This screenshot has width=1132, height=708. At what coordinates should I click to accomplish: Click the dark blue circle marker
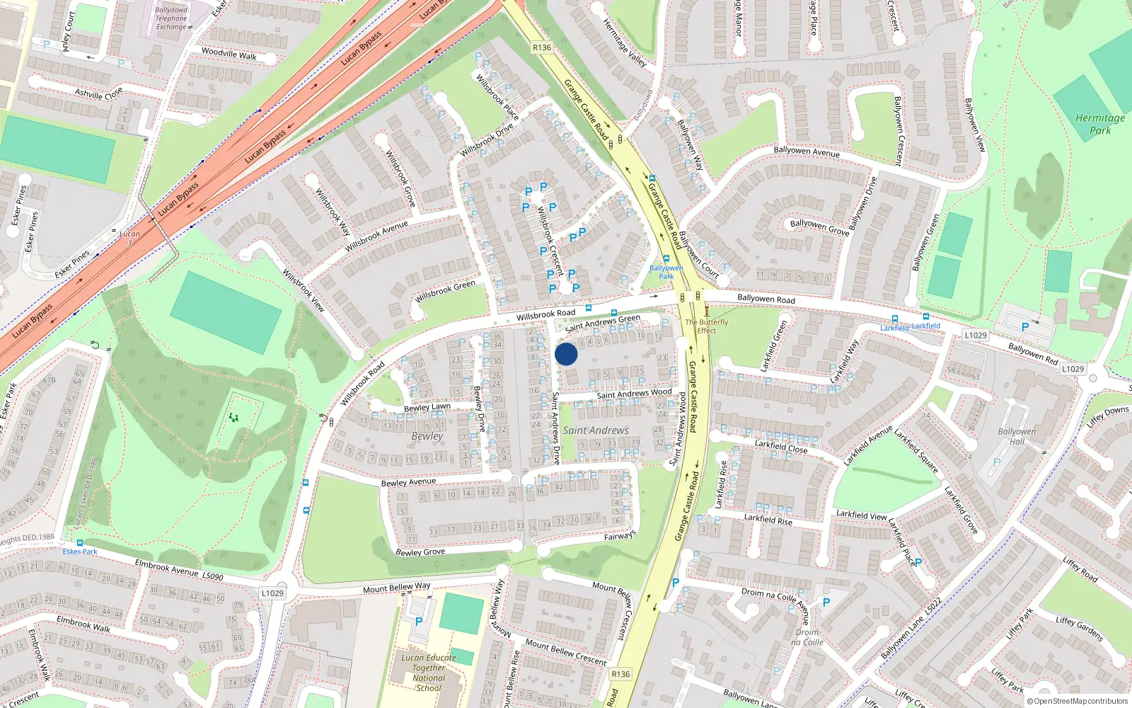[566, 354]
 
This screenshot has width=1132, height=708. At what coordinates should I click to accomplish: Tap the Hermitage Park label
[1100, 124]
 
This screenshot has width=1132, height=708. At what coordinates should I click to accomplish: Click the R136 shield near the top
[541, 47]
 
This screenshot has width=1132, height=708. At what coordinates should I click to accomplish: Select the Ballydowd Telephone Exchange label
[171, 18]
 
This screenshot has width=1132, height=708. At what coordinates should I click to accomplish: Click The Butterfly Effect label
[706, 326]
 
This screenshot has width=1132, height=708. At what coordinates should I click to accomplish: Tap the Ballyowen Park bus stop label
[666, 272]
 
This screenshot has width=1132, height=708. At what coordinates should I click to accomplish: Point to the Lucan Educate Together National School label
[429, 673]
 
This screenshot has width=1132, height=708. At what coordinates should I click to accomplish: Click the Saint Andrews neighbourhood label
[596, 430]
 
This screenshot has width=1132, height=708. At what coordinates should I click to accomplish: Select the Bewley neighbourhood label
[427, 436]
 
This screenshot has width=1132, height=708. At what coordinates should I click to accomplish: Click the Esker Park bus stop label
[80, 552]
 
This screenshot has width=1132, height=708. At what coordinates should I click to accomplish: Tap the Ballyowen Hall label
[1017, 436]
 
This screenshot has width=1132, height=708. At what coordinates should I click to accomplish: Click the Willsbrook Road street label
[545, 314]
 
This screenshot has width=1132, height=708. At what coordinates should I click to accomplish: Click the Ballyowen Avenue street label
[807, 152]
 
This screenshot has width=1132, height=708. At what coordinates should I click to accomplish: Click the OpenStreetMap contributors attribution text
[1077, 701]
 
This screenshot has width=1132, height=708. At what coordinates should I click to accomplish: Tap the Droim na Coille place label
[807, 637]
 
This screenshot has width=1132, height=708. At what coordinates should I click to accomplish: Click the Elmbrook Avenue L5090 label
[179, 571]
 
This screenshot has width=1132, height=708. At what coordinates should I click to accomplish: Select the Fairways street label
[620, 535]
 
